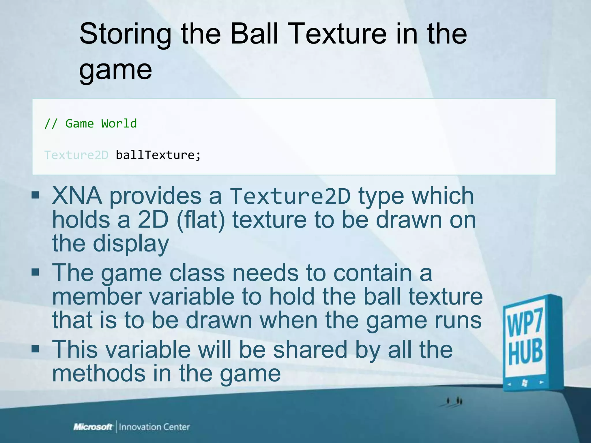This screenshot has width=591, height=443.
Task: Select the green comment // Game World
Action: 91,123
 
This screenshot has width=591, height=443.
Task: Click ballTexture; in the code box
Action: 158,155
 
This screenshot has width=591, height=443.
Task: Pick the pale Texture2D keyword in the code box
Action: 76,155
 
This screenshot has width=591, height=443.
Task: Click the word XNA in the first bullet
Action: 77,196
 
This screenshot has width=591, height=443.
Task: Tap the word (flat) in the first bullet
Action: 201,220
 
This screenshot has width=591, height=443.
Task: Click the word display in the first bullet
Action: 131,244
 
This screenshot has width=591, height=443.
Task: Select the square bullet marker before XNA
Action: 35,195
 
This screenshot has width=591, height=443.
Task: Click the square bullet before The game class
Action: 35,272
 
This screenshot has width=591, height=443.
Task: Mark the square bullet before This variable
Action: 35,349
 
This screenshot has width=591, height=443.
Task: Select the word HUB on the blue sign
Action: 525,352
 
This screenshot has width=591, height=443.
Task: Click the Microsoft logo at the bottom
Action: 93,427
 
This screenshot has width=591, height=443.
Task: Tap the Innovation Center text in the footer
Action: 154,427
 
